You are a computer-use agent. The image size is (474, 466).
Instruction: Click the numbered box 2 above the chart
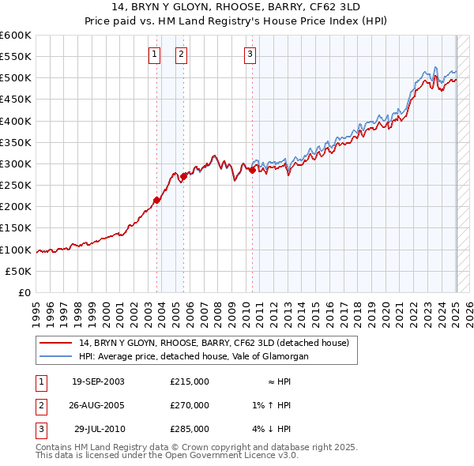181,54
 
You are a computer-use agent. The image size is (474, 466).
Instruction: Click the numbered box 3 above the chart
250,54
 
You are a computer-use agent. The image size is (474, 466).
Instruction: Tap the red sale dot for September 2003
156,200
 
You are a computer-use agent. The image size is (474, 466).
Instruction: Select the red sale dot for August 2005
184,176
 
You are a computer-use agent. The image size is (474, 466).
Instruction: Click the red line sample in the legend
56,344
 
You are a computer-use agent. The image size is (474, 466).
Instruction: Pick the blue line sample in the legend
56,356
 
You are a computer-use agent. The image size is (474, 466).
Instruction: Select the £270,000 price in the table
190,405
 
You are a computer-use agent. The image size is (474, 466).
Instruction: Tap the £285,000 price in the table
190,429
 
